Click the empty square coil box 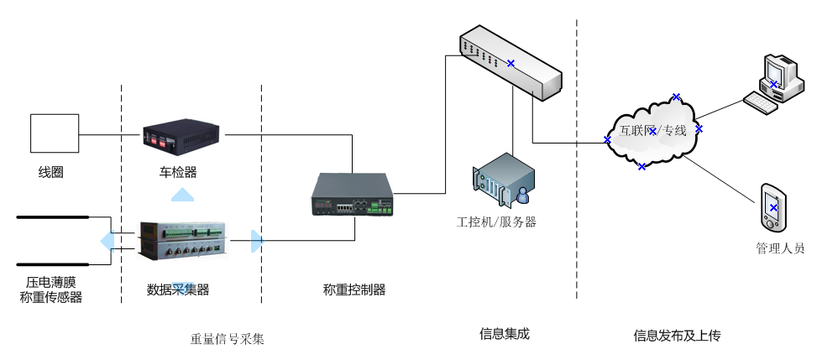click(x=55, y=135)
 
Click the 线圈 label click(x=51, y=173)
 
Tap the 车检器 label click(x=178, y=173)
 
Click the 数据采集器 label click(x=178, y=290)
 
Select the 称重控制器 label click(x=354, y=290)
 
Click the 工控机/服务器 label click(x=496, y=222)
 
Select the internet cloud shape click(x=653, y=131)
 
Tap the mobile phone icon click(x=773, y=207)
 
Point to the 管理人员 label click(x=780, y=248)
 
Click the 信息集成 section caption click(x=505, y=334)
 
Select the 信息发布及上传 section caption click(x=677, y=336)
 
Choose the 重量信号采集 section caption click(x=228, y=340)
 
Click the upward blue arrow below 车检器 click(x=182, y=195)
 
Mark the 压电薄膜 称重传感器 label click(x=51, y=290)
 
